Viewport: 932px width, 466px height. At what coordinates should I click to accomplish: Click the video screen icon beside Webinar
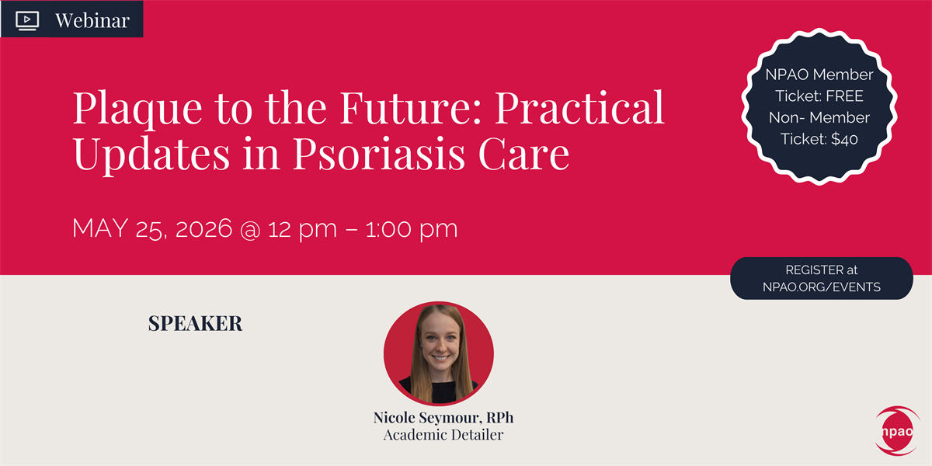(27, 20)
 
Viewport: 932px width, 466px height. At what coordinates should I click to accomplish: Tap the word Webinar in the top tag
(92, 20)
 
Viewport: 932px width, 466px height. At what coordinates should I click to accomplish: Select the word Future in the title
(411, 107)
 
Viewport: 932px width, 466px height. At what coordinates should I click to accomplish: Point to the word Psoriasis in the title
(379, 153)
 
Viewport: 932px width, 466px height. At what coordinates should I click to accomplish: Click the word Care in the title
(523, 153)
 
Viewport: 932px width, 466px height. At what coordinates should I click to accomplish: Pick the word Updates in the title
(151, 155)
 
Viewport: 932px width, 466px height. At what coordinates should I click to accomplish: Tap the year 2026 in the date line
(203, 228)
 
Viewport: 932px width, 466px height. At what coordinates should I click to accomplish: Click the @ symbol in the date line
(250, 229)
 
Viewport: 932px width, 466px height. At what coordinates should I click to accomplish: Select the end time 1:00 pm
(412, 229)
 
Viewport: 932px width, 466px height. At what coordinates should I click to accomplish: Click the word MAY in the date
(100, 228)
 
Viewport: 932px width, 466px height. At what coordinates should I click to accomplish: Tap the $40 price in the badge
(845, 139)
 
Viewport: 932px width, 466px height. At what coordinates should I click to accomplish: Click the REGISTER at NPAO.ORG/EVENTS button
(822, 278)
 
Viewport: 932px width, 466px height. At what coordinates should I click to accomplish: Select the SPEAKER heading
(195, 323)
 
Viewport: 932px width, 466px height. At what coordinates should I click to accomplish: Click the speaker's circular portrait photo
(439, 353)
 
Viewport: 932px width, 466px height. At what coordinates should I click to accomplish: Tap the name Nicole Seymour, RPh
(443, 417)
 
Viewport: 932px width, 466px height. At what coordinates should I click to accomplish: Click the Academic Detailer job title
(443, 435)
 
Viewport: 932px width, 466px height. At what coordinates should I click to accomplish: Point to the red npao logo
(898, 431)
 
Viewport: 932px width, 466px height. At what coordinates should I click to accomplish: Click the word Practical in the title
(580, 107)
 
